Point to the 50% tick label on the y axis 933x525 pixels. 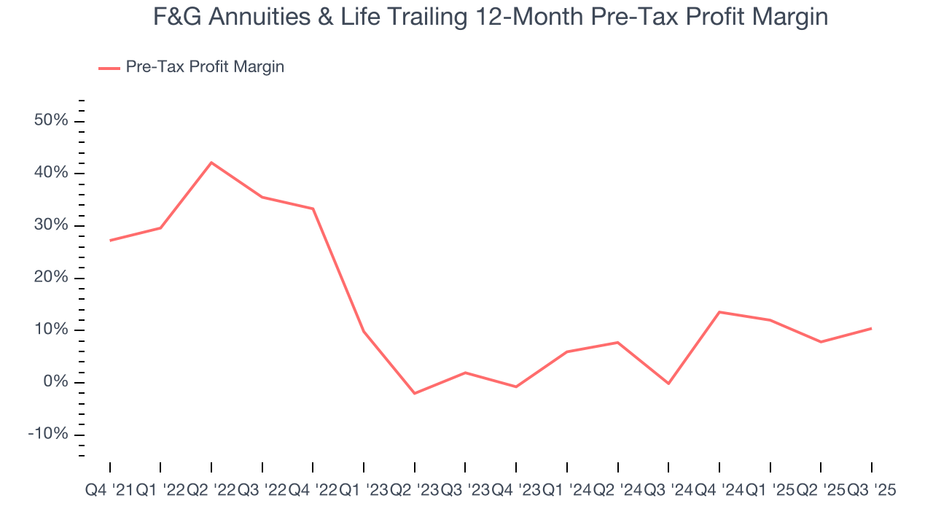tap(51, 120)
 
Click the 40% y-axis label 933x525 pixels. tap(51, 173)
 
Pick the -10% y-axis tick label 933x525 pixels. tap(48, 435)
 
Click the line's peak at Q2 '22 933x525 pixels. tap(211, 162)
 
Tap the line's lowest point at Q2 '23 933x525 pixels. tap(415, 394)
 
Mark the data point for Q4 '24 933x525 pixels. tap(719, 312)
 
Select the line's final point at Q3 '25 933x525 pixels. tap(872, 328)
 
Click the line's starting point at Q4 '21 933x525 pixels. tap(110, 241)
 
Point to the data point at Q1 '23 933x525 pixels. tap(364, 332)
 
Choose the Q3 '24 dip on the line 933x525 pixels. tap(668, 384)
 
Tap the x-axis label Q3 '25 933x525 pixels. tap(871, 491)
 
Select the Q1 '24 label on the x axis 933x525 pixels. tap(566, 491)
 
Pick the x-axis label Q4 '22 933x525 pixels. tap(313, 491)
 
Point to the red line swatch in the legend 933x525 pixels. tap(109, 68)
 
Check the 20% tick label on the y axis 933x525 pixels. tap(51, 278)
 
